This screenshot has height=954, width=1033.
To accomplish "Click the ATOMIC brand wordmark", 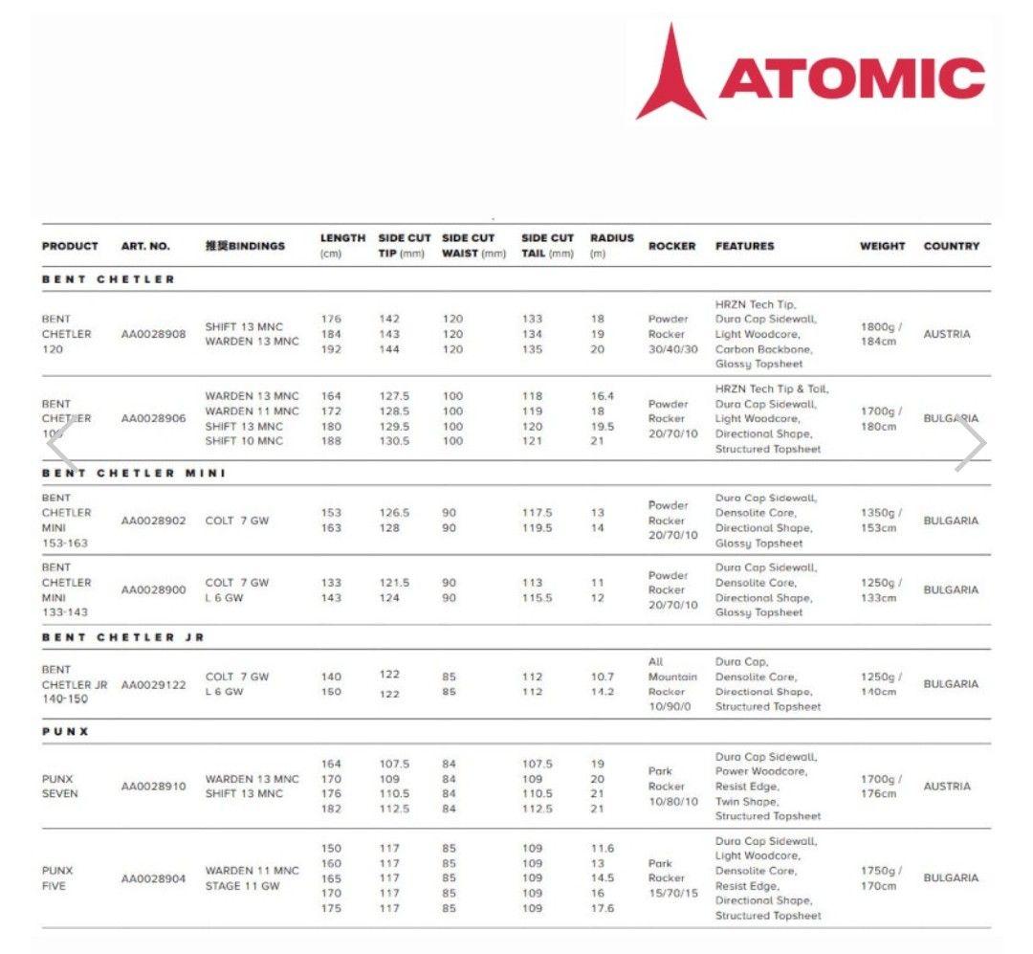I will [x=851, y=78].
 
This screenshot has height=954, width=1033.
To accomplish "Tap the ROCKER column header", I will [x=671, y=246].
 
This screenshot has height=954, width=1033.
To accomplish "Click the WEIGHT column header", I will [x=882, y=246].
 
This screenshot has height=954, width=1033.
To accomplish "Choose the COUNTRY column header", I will [x=951, y=246].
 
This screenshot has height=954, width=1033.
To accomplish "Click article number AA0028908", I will [x=153, y=334].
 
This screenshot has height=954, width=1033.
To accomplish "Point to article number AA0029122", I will [x=153, y=684].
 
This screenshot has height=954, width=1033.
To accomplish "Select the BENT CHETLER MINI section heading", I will [x=134, y=473].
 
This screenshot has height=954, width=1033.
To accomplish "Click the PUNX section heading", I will [x=65, y=731].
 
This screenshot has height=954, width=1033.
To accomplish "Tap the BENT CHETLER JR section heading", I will [x=123, y=637].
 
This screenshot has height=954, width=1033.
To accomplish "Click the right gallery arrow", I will [x=970, y=446].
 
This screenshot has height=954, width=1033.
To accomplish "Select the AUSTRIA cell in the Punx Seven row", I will [x=947, y=786].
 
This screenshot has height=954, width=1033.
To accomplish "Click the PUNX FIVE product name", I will [x=57, y=877].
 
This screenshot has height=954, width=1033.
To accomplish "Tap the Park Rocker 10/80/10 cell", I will [x=673, y=786].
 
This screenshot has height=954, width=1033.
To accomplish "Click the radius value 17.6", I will [x=603, y=908].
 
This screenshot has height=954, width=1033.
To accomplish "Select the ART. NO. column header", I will [x=145, y=246].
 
